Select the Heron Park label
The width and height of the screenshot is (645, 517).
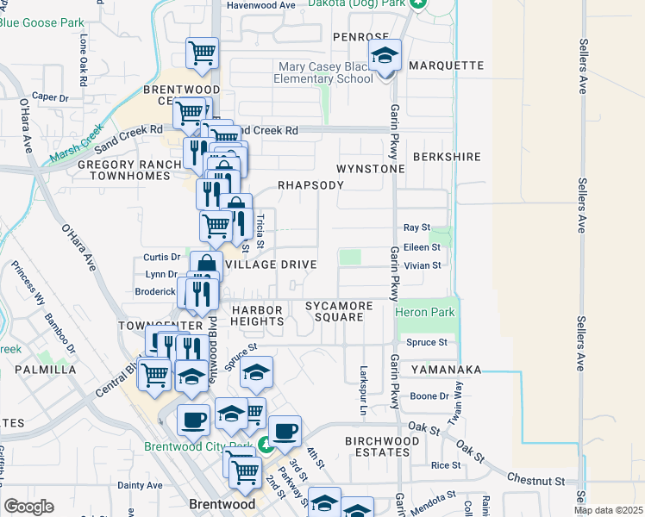coord(424,312)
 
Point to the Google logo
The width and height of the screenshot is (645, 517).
coord(28,506)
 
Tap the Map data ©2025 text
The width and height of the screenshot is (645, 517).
coord(609,510)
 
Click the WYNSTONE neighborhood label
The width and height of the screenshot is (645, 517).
coord(370,169)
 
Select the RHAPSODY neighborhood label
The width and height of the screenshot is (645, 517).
coord(310,185)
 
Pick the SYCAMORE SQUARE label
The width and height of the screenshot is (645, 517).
coord(340,311)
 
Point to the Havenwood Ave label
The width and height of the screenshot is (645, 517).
coord(260,5)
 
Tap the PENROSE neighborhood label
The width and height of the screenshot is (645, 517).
coord(361,37)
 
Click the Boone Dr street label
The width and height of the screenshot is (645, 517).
coord(429,396)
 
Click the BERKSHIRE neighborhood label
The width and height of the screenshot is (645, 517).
coord(446,157)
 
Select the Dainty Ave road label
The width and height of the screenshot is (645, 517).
coord(140,485)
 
